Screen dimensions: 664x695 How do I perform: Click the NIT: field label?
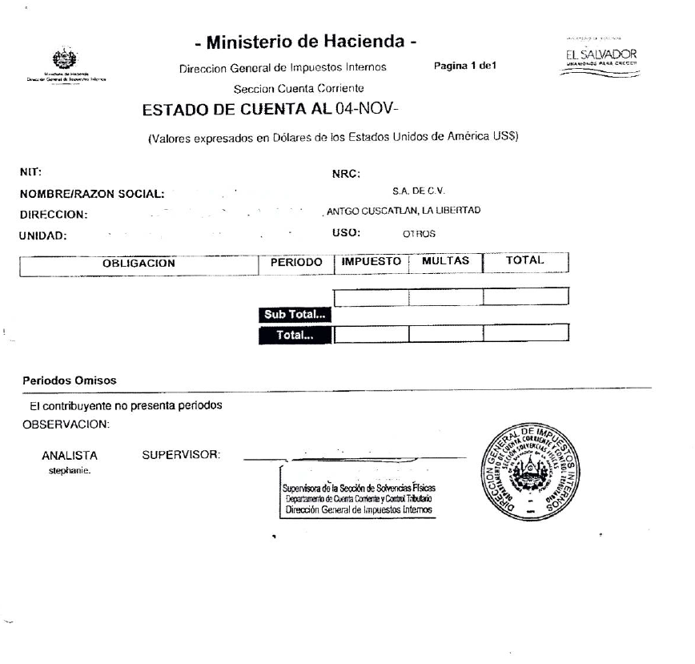pos(30,171)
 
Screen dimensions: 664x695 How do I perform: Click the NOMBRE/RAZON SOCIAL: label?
pos(91,194)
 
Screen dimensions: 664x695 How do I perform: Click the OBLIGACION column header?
pos(139,263)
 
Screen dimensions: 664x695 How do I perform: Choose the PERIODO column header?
pos(296,262)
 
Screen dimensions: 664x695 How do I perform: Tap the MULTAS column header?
pos(444,261)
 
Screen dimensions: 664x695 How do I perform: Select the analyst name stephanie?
pos(69,471)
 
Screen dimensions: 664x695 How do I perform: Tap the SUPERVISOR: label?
pos(180,456)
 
